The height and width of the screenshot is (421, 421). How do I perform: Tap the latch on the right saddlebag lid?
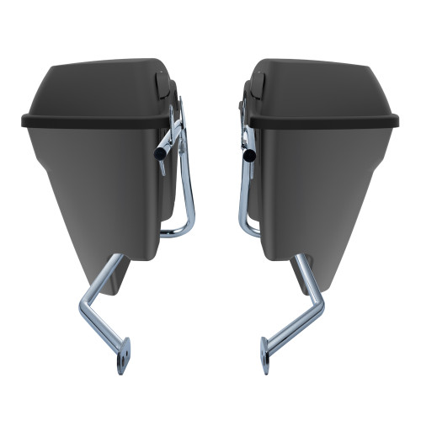point(258,83)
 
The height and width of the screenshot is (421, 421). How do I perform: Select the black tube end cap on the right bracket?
point(248,157)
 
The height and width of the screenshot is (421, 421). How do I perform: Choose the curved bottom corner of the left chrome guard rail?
point(187,229)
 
